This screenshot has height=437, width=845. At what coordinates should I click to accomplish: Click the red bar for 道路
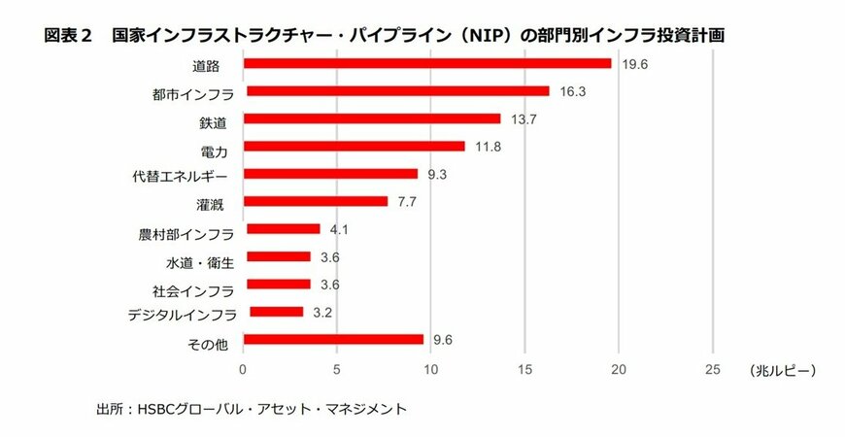(427, 63)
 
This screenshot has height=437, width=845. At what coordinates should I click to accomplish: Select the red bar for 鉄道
(371, 118)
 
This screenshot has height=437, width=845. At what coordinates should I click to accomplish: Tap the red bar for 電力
(354, 146)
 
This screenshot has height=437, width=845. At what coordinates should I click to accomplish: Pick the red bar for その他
(333, 339)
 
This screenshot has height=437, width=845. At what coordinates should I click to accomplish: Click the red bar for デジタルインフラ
(276, 312)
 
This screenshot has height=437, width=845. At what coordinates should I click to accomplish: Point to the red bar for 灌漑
(316, 201)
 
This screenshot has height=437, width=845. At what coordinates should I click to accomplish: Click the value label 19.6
(633, 63)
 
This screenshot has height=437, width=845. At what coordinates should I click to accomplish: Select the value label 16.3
(572, 91)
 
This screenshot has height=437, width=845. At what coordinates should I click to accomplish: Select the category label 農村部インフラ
(186, 234)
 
